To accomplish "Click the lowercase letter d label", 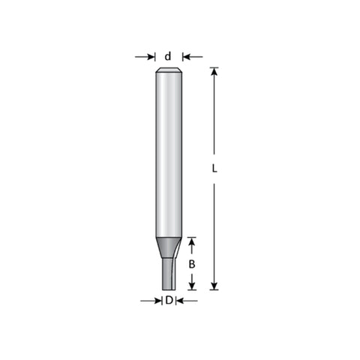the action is pos(168,56).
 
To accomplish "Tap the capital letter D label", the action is pos(169,301).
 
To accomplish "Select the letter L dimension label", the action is pos(214,169).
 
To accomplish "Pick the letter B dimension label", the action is pos(192,264).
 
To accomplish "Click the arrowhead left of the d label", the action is pos(151,57).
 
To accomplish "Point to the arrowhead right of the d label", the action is pos(186,57).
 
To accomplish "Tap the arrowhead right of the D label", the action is pos(180,301).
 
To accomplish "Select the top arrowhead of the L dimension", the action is pos(214,71).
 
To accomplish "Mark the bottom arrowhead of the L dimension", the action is pos(214,286).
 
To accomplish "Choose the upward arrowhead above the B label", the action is pos(192,241).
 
